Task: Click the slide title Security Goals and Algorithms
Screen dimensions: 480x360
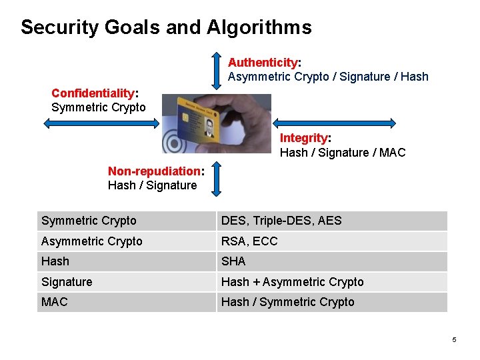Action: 166,27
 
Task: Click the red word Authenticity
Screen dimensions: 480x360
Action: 263,63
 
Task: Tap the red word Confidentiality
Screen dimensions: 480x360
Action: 93,93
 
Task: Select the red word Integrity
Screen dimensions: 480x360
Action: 304,138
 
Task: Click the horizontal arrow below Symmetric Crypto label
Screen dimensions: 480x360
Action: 101,123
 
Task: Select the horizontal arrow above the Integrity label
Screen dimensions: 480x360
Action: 336,123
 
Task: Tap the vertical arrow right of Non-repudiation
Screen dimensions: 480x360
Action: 215,178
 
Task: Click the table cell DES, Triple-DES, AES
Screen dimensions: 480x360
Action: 281,221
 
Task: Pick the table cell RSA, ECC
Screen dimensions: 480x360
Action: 249,241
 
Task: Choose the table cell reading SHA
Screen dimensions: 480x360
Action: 233,261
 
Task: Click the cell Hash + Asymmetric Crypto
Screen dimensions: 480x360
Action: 292,282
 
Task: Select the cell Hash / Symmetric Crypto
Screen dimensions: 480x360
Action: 287,302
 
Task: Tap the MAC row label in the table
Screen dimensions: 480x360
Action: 55,302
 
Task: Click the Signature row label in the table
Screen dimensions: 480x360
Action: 67,282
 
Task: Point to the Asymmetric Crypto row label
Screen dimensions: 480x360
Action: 92,241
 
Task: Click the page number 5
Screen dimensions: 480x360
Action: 454,340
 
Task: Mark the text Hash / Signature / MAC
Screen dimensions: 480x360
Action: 342,153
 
